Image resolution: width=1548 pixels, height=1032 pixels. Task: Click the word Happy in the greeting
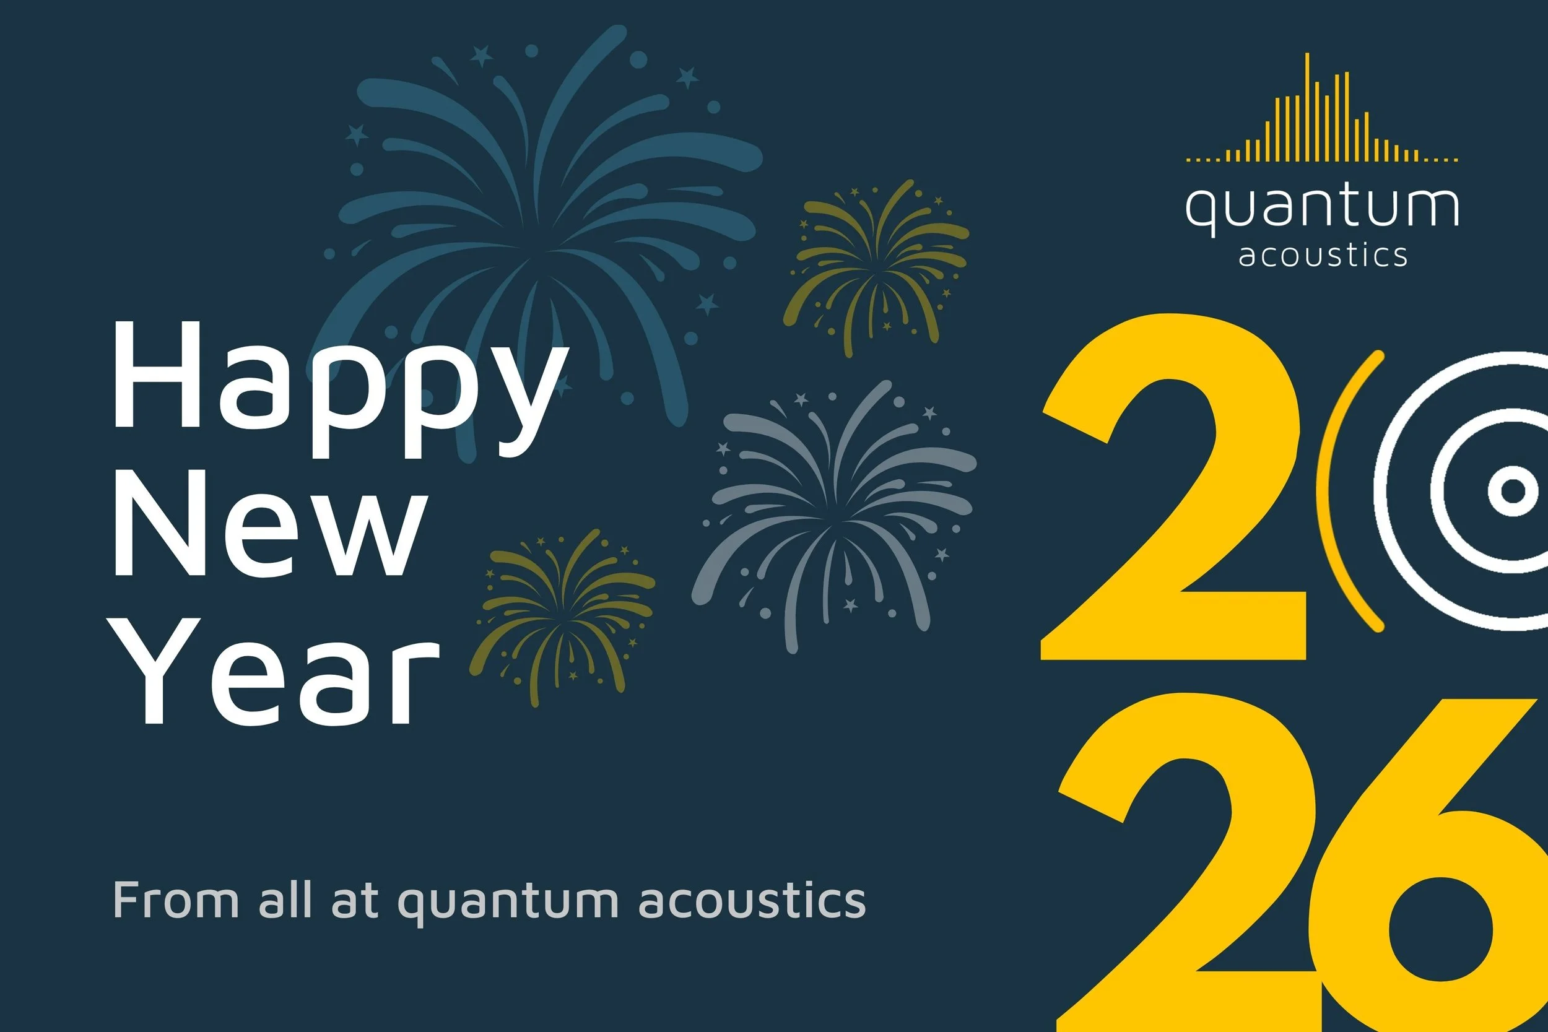click(339, 388)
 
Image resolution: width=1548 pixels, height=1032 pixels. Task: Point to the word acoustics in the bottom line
click(752, 900)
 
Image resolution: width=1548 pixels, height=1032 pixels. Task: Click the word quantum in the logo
click(1321, 207)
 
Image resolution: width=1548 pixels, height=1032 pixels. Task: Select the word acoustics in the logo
click(1323, 255)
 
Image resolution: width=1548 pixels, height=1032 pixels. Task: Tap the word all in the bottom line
click(285, 900)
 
